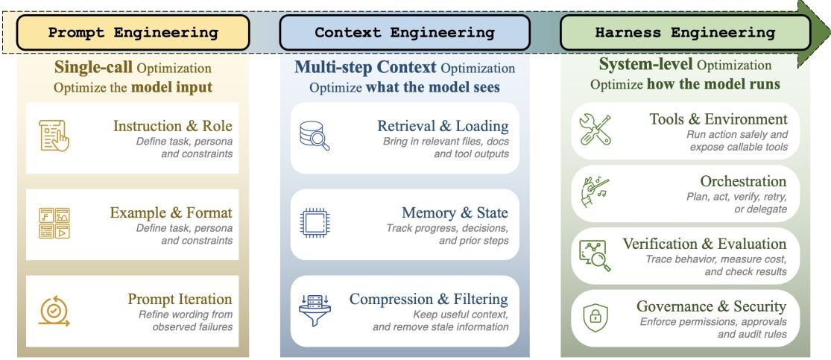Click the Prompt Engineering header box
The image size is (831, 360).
point(133,32)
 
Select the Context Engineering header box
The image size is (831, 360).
point(405,32)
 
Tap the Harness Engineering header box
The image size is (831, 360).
point(685,32)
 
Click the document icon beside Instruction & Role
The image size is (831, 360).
point(54,136)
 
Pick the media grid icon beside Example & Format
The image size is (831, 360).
point(54,223)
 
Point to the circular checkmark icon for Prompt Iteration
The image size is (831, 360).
point(54,311)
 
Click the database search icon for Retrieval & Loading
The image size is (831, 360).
point(315,136)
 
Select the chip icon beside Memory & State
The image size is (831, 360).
point(315,222)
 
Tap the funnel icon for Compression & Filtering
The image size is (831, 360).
point(315,310)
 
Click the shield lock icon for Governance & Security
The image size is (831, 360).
point(595,318)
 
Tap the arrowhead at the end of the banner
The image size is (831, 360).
point(814,33)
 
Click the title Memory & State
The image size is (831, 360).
point(455,212)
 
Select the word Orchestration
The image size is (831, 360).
point(743,181)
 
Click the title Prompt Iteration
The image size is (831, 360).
point(180,299)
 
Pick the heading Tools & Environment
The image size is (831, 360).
point(718,119)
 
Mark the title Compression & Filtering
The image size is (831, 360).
point(429,299)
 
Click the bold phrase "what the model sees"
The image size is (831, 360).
point(432,87)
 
